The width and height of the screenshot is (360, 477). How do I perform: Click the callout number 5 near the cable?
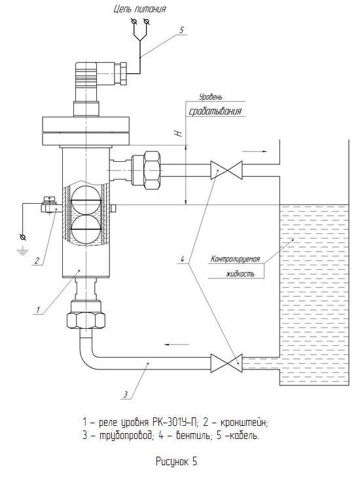(x=181, y=30)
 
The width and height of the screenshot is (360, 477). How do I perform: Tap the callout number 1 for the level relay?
(x=38, y=310)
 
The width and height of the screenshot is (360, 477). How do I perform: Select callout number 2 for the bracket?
(x=37, y=260)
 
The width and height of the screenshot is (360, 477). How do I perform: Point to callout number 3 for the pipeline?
(x=125, y=395)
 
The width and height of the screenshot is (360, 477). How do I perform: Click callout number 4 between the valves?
(x=182, y=259)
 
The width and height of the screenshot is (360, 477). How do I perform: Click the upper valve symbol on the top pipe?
(x=226, y=170)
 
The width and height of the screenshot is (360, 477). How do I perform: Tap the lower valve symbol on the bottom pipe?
(x=226, y=363)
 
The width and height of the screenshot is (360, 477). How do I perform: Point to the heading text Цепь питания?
(x=140, y=9)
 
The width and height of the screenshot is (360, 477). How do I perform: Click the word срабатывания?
(x=215, y=111)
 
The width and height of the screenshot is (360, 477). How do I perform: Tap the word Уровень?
(x=211, y=98)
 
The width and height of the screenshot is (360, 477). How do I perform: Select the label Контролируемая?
(x=235, y=259)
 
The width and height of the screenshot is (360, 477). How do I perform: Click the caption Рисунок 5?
(x=177, y=461)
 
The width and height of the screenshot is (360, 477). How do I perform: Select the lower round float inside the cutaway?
(x=85, y=229)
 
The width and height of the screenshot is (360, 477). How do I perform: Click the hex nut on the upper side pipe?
(x=152, y=170)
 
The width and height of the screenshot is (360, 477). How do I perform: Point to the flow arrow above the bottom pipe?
(x=176, y=345)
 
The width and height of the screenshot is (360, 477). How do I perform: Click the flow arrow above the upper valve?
(x=255, y=151)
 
